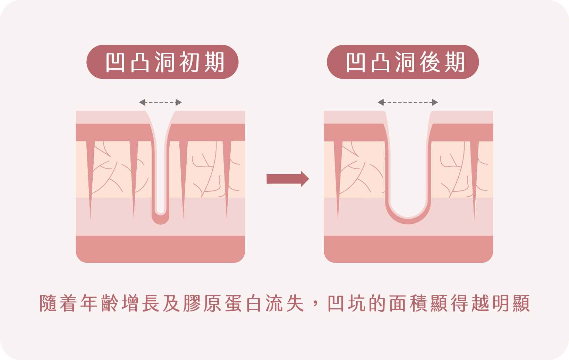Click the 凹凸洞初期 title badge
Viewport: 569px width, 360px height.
162,62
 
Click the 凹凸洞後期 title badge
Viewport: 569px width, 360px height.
403,62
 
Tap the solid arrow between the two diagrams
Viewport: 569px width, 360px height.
288,179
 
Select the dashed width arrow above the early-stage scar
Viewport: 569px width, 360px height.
160,102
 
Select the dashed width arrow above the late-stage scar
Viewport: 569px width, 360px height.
408,102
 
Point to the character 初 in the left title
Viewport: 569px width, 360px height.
189,62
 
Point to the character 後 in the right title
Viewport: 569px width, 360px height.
430,62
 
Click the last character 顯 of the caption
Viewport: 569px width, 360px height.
521,303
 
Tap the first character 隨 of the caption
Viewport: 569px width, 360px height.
48,303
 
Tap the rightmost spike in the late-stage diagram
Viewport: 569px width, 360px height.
474,173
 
